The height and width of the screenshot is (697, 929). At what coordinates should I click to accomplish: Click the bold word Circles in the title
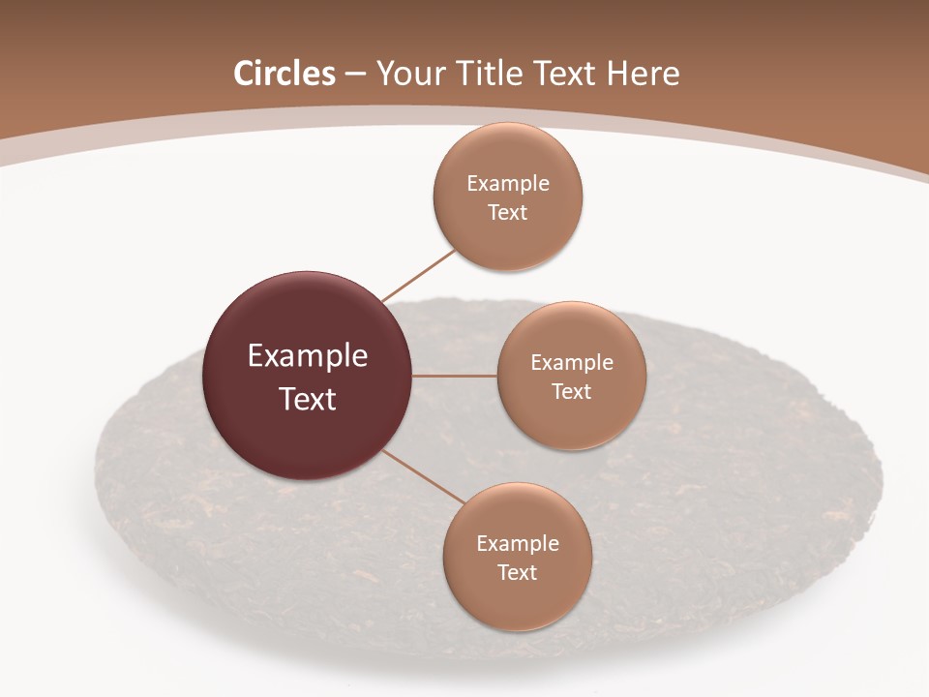[x=285, y=74]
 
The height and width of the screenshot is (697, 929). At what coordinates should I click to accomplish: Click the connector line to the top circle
[x=418, y=275]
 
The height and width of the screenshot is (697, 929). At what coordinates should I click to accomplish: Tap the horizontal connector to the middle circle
[x=455, y=376]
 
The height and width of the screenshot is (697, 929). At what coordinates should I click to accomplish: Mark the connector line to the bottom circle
[x=424, y=476]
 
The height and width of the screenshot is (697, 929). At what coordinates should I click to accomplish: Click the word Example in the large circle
[x=308, y=356]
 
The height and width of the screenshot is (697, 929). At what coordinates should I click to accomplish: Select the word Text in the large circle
[x=308, y=399]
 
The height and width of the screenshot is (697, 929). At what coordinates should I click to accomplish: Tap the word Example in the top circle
[x=508, y=184]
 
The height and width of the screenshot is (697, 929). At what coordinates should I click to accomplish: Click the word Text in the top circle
[x=508, y=213]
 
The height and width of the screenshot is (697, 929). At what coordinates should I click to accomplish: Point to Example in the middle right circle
[x=572, y=363]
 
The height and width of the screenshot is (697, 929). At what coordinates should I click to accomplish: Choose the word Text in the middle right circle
[x=572, y=392]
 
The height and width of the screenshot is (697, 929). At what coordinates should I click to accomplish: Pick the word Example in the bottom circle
[x=518, y=544]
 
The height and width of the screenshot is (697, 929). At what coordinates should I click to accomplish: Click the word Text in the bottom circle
[x=518, y=573]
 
